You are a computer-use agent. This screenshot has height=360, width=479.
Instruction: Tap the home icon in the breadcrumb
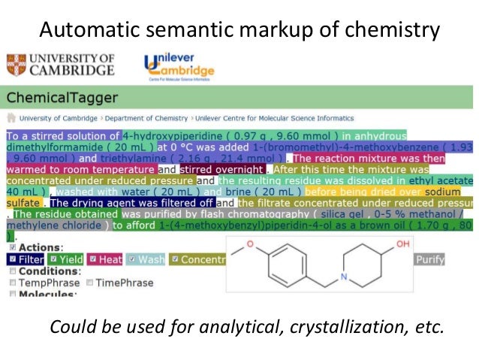point(11,118)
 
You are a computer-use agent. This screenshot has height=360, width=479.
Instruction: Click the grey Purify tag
point(429,259)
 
